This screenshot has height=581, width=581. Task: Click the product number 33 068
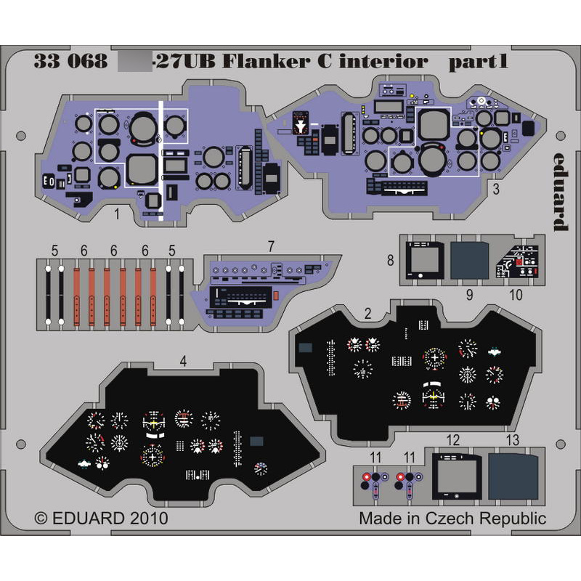click(70, 62)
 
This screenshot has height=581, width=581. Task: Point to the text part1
click(477, 62)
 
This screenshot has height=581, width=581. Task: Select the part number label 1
click(116, 214)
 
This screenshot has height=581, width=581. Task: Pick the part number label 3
click(495, 191)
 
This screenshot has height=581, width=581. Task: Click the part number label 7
click(270, 245)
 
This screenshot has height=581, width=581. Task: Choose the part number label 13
click(513, 440)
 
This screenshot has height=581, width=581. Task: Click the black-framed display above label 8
click(422, 259)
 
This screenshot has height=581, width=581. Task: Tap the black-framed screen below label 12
click(455, 476)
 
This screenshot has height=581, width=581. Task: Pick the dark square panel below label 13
click(513, 476)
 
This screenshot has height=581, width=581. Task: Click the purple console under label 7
click(261, 290)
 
